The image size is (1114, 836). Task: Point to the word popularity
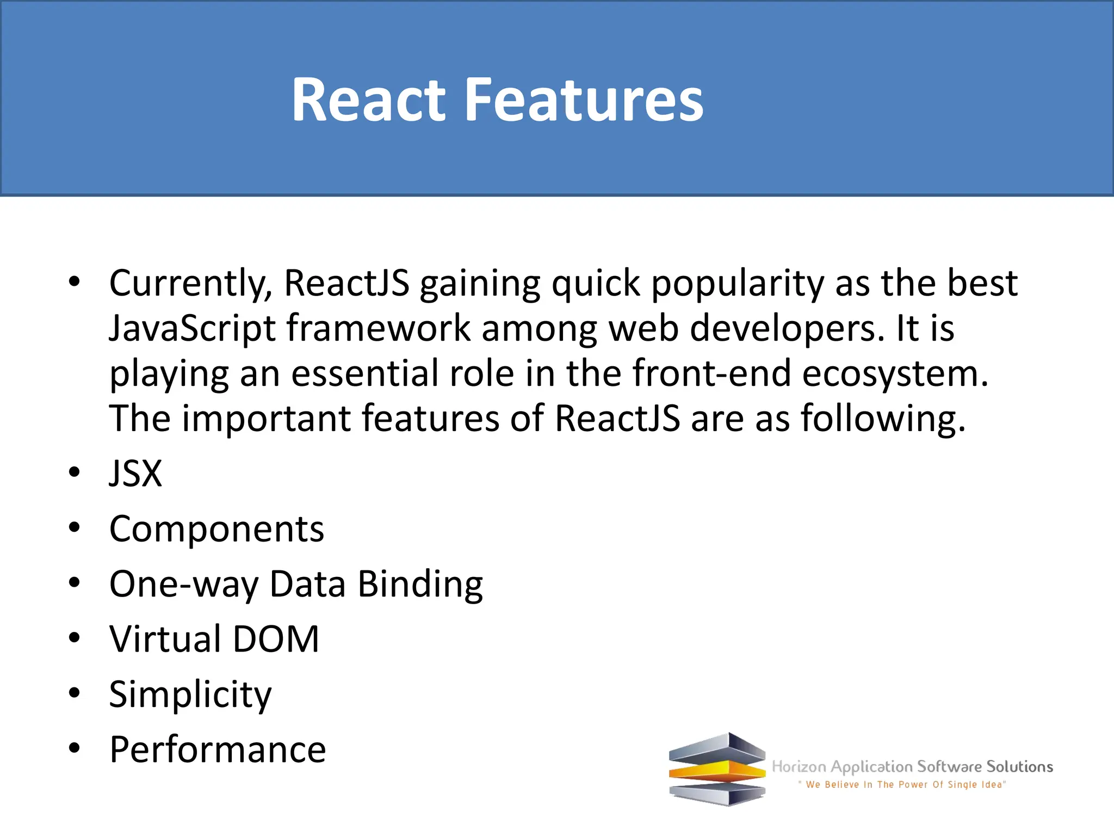737,284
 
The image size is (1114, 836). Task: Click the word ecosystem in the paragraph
894,374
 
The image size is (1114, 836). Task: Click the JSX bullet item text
135,473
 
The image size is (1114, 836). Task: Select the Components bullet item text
216,528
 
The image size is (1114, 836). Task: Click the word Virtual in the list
165,639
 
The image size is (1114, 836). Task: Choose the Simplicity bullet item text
190,694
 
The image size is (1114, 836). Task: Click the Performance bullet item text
218,749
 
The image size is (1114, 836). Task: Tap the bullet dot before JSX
75,472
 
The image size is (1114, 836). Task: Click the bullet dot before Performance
75,748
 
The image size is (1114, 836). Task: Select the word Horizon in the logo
799,767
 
